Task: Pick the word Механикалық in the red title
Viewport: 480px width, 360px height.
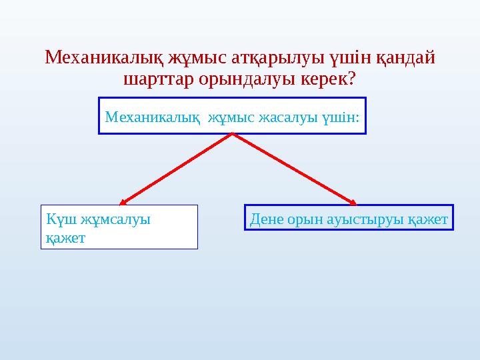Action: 102,58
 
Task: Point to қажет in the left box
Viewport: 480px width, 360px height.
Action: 65,237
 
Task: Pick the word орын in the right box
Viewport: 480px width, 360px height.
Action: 305,219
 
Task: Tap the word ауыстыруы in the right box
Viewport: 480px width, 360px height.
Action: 365,219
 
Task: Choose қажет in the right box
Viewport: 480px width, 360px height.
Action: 427,219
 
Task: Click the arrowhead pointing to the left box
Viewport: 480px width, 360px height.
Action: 124,200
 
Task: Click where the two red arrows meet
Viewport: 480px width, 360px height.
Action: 232,134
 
